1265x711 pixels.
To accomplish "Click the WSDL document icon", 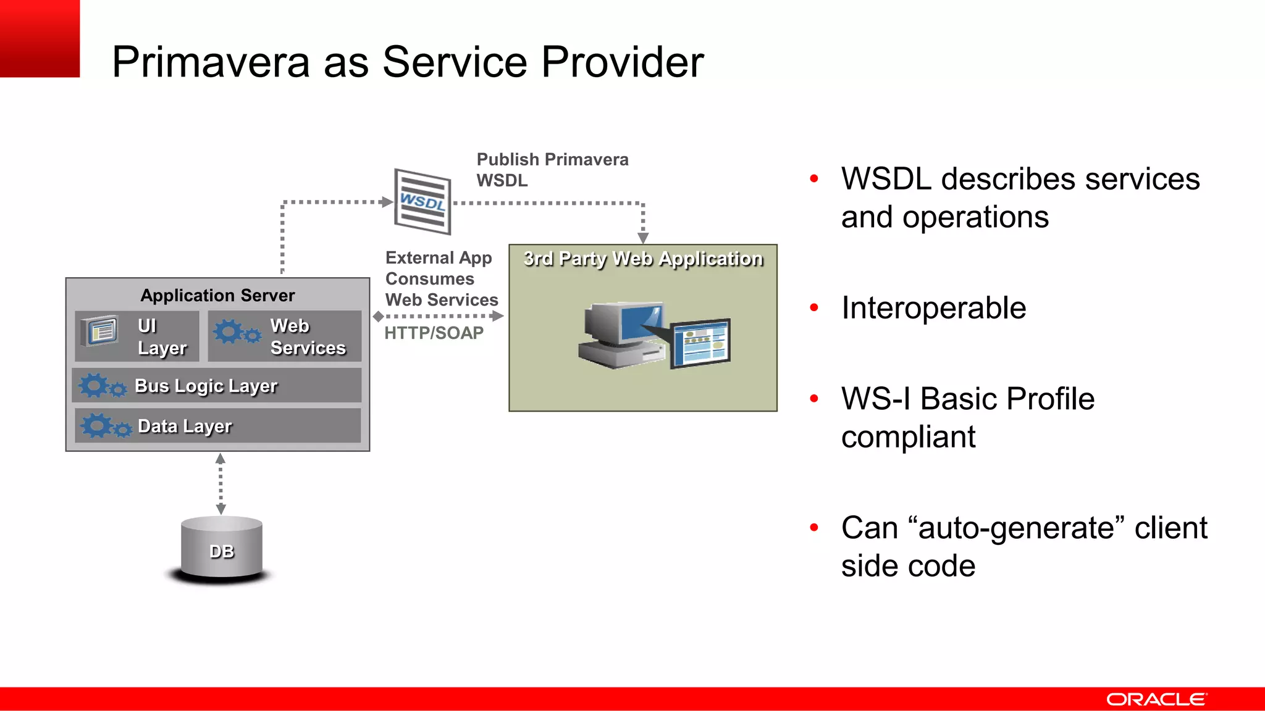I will (x=422, y=202).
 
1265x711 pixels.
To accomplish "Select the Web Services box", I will (x=285, y=336).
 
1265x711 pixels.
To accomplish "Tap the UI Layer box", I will (x=137, y=336).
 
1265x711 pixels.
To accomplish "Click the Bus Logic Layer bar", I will (x=217, y=386).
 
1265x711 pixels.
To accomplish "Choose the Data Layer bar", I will (x=217, y=426).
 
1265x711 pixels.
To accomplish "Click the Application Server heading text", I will (x=217, y=295).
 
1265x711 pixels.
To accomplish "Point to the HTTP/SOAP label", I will (x=434, y=333).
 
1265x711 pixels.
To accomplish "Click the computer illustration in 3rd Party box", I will (x=654, y=336).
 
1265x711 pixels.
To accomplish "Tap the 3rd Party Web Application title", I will (x=643, y=259).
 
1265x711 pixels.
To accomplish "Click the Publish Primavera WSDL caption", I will (x=552, y=170).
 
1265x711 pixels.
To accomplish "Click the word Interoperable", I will (x=933, y=308).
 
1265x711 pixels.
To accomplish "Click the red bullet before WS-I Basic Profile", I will (x=814, y=399).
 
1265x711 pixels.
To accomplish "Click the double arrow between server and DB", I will (x=221, y=484).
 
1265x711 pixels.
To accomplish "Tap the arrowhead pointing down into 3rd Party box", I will (x=643, y=238).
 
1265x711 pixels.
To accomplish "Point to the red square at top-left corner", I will (x=40, y=38).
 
